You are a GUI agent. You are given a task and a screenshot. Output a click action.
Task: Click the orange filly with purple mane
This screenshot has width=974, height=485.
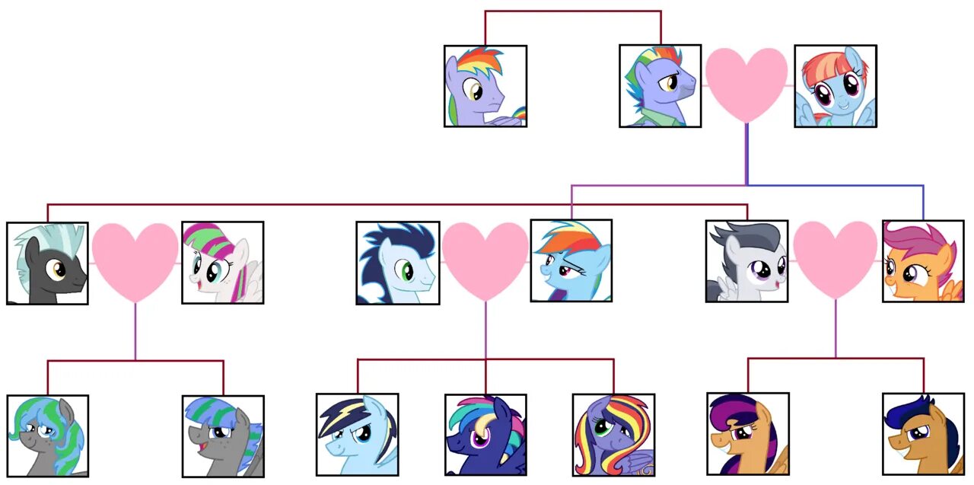pos(923,261)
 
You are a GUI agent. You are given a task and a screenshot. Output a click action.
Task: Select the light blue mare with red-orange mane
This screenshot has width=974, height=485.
pos(835,86)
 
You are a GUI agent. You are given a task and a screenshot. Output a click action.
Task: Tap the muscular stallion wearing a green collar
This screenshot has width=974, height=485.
pos(660,85)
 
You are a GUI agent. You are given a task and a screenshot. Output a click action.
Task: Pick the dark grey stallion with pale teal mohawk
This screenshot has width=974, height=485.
pos(47,263)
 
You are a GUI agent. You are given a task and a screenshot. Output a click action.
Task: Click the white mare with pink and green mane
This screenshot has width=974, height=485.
pos(222,263)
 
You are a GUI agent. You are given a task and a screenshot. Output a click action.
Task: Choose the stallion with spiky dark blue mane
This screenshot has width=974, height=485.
pos(397,263)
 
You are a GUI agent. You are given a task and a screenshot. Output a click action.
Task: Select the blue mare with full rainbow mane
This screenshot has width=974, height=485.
pos(571,260)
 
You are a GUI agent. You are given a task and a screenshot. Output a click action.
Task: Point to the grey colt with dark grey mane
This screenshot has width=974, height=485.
pos(746,261)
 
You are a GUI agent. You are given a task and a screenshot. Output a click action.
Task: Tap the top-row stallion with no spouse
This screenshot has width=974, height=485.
pos(485,85)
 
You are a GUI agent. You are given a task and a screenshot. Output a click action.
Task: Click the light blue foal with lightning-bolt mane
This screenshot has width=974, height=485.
pos(357,434)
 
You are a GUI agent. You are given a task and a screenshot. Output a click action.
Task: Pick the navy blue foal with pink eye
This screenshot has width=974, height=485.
pos(485,435)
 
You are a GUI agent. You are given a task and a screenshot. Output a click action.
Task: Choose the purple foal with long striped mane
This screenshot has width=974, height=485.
pos(613,435)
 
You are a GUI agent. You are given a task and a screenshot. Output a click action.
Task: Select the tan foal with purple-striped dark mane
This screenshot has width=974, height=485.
pos(747,433)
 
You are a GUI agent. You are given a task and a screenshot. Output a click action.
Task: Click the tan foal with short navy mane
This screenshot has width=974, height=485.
pos(923,434)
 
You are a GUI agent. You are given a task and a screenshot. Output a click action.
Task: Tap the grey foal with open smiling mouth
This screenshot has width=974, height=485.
pos(223,436)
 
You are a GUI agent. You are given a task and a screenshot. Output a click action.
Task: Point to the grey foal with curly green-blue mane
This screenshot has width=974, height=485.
pos(47,436)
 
